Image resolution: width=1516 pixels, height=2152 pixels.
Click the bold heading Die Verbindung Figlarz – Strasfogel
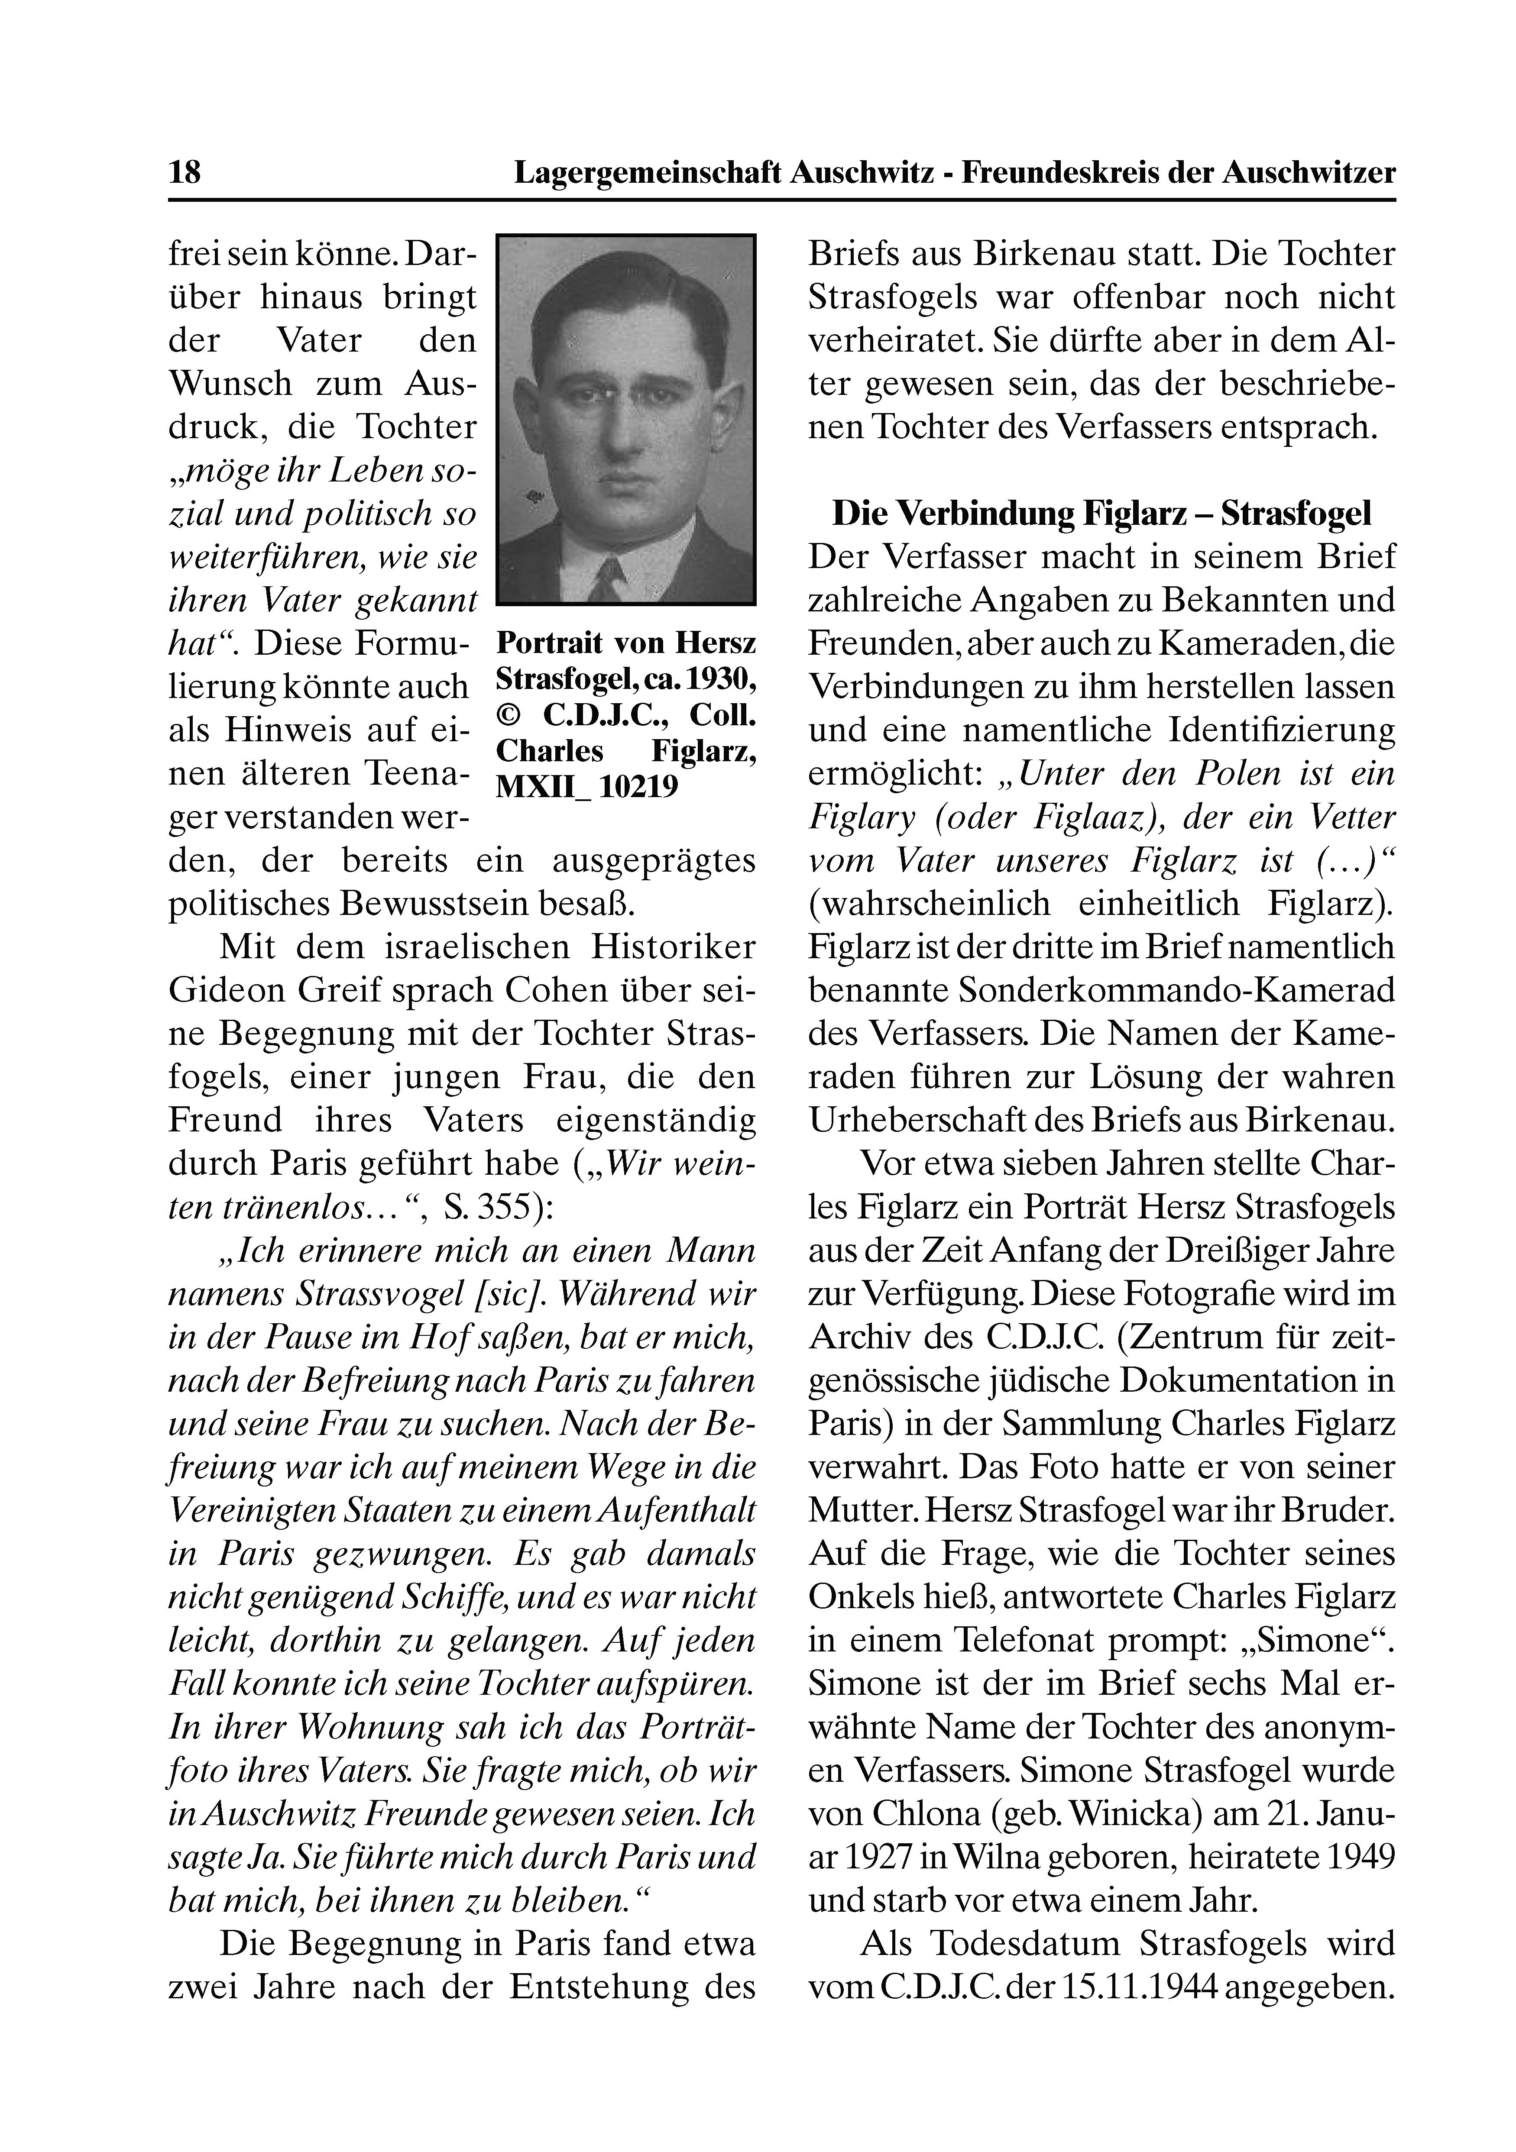pyautogui.click(x=1101, y=514)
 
